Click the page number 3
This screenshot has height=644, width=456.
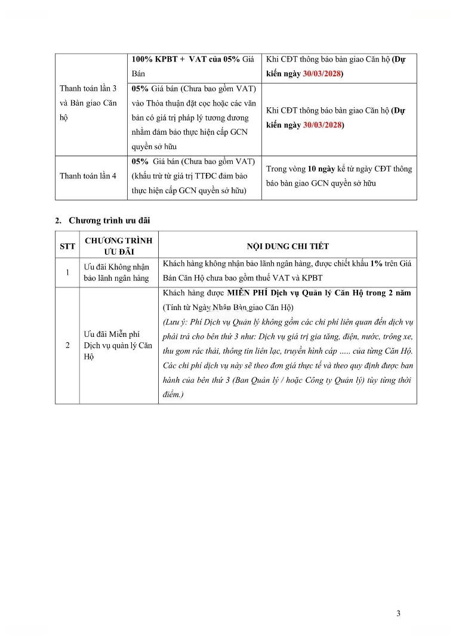[x=398, y=613]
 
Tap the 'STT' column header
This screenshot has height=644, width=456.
[x=67, y=246]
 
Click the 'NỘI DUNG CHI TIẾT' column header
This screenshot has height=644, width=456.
[x=288, y=246]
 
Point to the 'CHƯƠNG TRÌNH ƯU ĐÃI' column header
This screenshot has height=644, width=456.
[x=118, y=246]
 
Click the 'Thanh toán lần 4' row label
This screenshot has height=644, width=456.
[x=88, y=176]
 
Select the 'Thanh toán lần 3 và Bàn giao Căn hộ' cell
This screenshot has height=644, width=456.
[x=88, y=103]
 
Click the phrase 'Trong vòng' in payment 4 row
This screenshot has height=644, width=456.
[x=286, y=169]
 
